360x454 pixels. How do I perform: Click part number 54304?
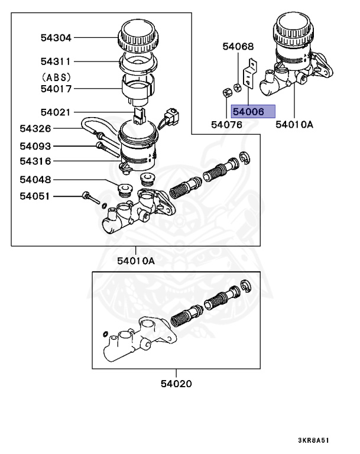point(56,38)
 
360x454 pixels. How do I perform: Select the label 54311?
point(56,61)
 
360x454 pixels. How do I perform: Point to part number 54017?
point(56,89)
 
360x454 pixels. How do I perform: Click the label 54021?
point(56,112)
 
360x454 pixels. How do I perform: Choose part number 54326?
point(35,128)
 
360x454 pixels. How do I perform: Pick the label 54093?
point(35,146)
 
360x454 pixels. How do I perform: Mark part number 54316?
point(35,161)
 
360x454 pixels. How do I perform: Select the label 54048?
point(35,179)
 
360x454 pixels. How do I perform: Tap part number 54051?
point(35,196)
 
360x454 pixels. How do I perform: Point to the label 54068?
point(238,46)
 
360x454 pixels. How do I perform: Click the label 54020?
point(176,383)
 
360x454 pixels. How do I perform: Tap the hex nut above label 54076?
point(225,93)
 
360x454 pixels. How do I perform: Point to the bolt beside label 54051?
point(90,197)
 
